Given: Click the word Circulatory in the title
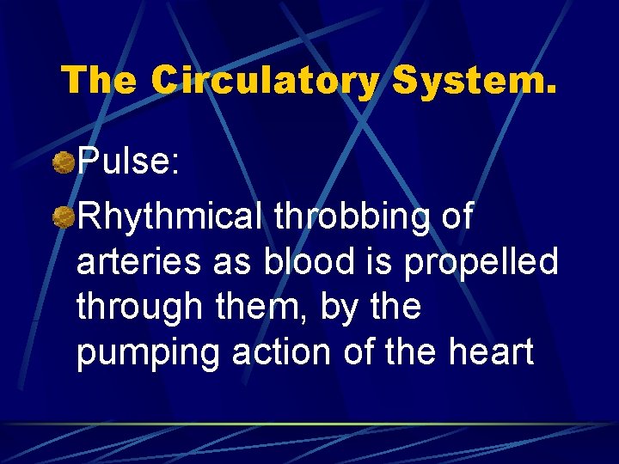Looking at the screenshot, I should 264,81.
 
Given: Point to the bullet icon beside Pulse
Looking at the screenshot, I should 64,162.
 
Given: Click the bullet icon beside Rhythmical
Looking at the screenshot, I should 64,218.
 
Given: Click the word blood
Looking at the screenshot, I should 308,262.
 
